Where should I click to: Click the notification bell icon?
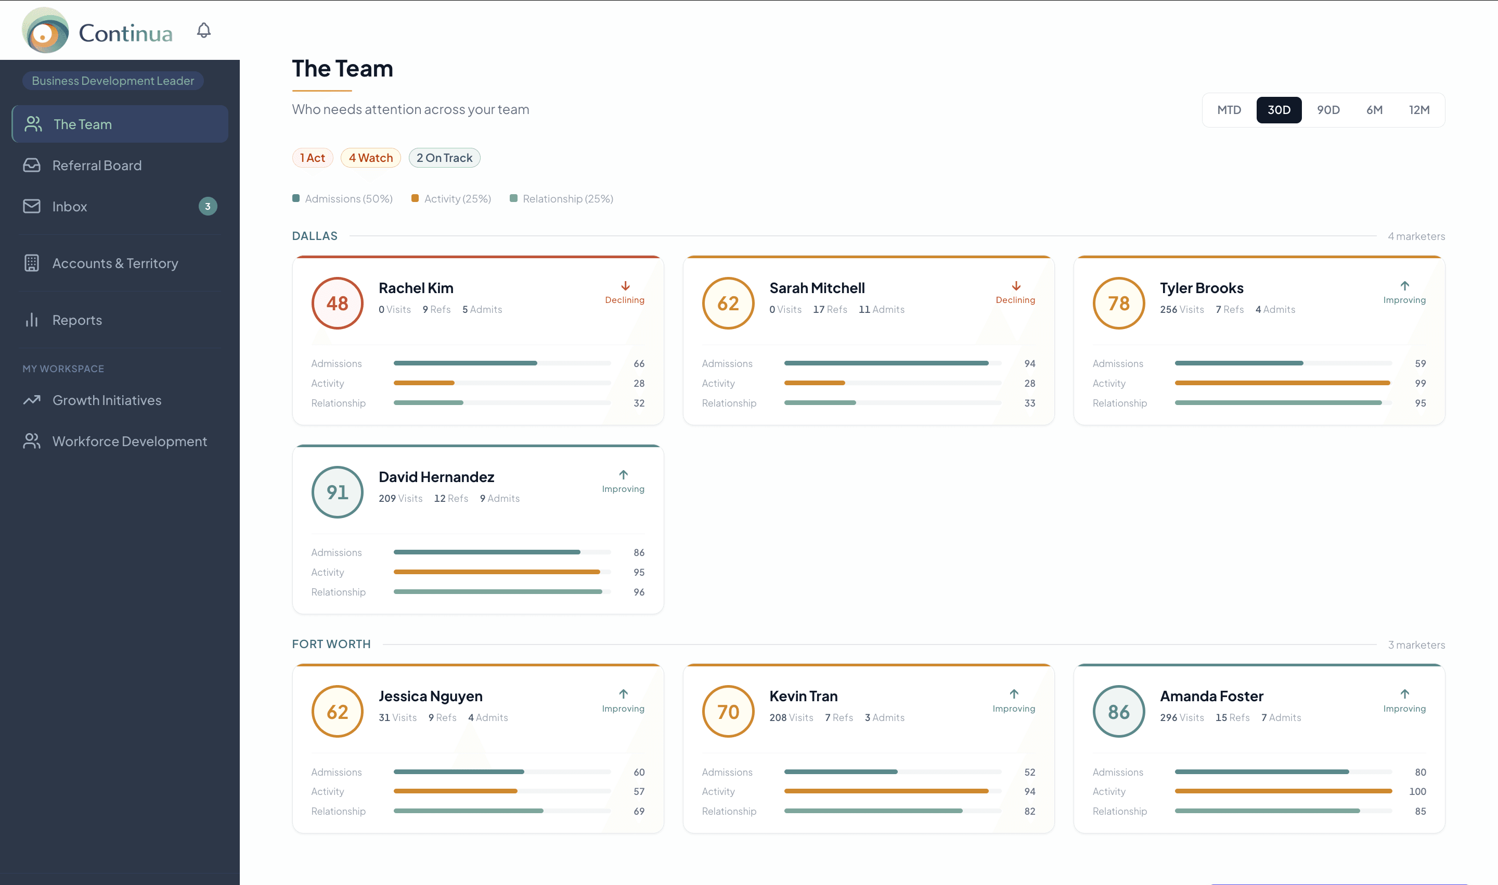tap(204, 30)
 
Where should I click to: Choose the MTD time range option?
tap(1229, 110)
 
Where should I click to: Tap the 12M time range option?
tap(1419, 110)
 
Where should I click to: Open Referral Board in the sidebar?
tap(97, 165)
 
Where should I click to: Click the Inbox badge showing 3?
tap(208, 206)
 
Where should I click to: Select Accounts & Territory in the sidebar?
tap(114, 263)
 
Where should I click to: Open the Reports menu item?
tap(77, 320)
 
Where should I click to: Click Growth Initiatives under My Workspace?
tap(107, 400)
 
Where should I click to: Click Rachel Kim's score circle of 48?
tap(337, 303)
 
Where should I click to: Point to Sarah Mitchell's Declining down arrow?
tap(1016, 286)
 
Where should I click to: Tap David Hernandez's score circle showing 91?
tap(337, 492)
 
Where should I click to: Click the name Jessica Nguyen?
tap(430, 696)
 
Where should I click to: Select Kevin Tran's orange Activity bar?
tap(885, 791)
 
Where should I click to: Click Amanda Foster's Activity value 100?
tap(1417, 791)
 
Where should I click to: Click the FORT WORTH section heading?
tap(331, 644)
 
